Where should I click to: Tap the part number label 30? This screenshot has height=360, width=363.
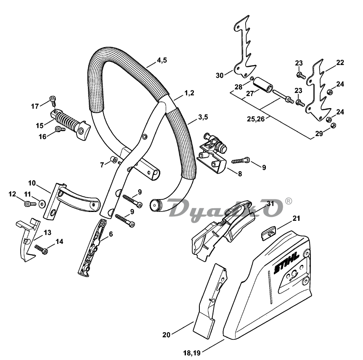click(x=220, y=75)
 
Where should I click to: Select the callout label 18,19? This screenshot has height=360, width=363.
click(x=192, y=353)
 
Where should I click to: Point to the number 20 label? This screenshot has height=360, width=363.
click(x=167, y=335)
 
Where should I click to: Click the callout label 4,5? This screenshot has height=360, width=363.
click(x=162, y=60)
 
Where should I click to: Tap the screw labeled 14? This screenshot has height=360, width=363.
click(x=42, y=249)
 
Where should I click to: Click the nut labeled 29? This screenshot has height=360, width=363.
click(x=333, y=125)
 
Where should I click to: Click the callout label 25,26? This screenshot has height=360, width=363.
click(x=256, y=119)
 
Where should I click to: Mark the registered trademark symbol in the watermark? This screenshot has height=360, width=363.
click(x=288, y=201)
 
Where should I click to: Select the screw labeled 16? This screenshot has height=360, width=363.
click(x=60, y=129)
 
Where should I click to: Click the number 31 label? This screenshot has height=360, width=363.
click(x=270, y=204)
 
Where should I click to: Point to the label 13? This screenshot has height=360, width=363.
click(x=48, y=233)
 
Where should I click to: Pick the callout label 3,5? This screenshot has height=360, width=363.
click(x=203, y=117)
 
